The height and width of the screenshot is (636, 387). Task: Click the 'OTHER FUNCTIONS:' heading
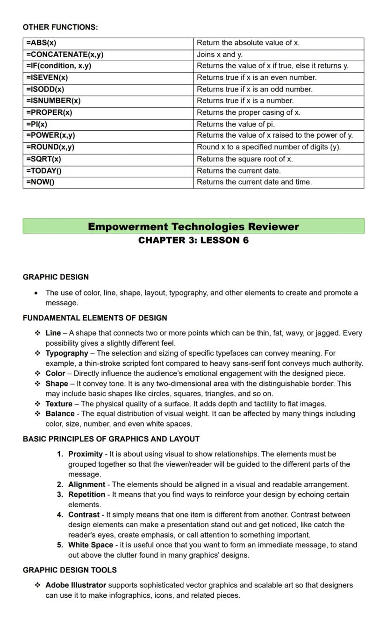click(60, 27)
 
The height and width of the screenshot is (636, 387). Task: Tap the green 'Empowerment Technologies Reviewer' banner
click(193, 227)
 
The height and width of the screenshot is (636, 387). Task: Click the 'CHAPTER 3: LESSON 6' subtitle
click(193, 240)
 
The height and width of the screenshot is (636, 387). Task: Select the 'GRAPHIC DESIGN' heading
click(56, 277)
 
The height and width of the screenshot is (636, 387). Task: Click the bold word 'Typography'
click(67, 353)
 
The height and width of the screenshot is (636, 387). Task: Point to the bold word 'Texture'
click(59, 404)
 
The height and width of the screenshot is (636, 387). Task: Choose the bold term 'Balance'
click(60, 413)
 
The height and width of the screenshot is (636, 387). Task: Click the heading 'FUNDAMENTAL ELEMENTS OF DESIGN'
click(95, 318)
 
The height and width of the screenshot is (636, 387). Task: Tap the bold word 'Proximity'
click(86, 454)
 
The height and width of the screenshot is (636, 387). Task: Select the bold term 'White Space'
click(91, 545)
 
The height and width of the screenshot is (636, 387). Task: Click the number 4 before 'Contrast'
click(60, 515)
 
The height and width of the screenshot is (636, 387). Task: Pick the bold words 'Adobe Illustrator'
click(76, 585)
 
